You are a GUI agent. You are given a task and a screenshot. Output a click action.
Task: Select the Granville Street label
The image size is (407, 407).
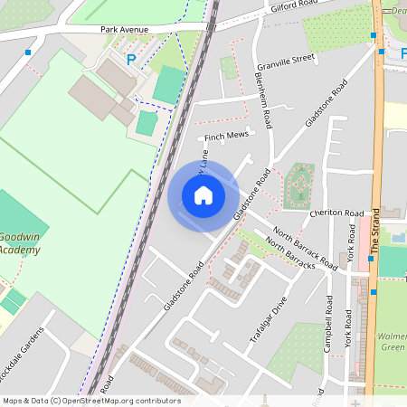click(285, 60)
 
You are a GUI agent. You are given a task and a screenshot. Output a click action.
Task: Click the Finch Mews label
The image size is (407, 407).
click(226, 137)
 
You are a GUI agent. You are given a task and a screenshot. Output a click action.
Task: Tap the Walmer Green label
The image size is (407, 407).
click(392, 339)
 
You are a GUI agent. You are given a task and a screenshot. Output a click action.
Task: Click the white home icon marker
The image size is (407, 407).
click(203, 194)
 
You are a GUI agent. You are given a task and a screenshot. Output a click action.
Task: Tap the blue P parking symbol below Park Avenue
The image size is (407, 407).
click(131, 60)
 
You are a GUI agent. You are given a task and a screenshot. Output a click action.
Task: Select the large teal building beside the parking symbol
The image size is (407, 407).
click(169, 84)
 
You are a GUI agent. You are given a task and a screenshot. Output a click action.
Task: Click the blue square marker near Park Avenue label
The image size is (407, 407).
click(31, 53)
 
